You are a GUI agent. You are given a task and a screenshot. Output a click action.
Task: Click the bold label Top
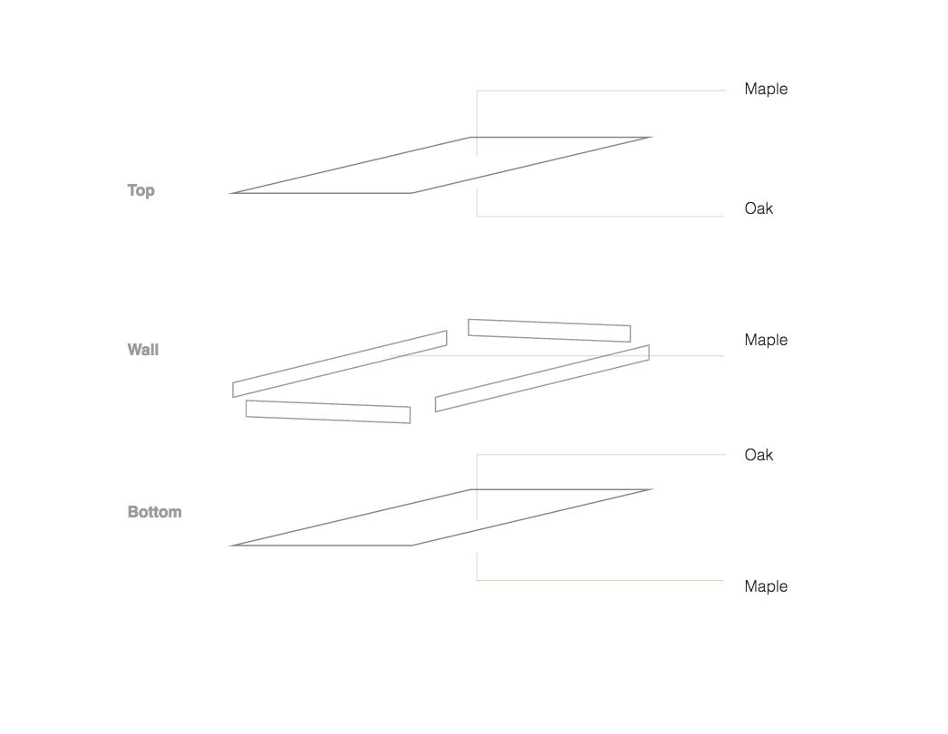pyautogui.click(x=140, y=190)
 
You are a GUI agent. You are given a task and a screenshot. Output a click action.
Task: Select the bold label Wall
pyautogui.click(x=143, y=350)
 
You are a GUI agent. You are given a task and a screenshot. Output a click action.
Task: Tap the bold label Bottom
pyautogui.click(x=154, y=512)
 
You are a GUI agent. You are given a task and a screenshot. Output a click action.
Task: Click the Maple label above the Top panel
pyautogui.click(x=766, y=89)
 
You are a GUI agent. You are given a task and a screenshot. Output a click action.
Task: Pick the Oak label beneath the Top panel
pyautogui.click(x=759, y=208)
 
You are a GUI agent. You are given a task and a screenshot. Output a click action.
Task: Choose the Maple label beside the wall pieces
pyautogui.click(x=766, y=340)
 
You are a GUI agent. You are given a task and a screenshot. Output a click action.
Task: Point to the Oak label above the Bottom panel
pyautogui.click(x=759, y=455)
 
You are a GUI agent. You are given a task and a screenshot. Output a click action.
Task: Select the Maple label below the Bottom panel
pyautogui.click(x=766, y=586)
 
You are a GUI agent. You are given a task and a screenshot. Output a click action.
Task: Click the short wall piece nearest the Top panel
pyautogui.click(x=549, y=331)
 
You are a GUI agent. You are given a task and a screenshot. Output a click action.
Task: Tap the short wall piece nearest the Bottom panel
pyautogui.click(x=328, y=412)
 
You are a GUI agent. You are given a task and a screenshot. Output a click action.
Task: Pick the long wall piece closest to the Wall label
pyautogui.click(x=340, y=363)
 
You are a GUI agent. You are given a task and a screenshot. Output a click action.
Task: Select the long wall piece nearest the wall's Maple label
pyautogui.click(x=542, y=378)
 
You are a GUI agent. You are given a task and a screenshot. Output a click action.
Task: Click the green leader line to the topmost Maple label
pyautogui.click(x=598, y=91)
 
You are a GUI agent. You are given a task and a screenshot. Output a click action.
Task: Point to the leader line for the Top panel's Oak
pyautogui.click(x=598, y=216)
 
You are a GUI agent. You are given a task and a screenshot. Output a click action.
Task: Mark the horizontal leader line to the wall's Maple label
pyautogui.click(x=689, y=356)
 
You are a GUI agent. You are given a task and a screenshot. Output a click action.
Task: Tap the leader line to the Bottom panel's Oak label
pyautogui.click(x=598, y=455)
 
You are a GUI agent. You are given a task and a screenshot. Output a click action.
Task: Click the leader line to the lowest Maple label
pyautogui.click(x=598, y=580)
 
